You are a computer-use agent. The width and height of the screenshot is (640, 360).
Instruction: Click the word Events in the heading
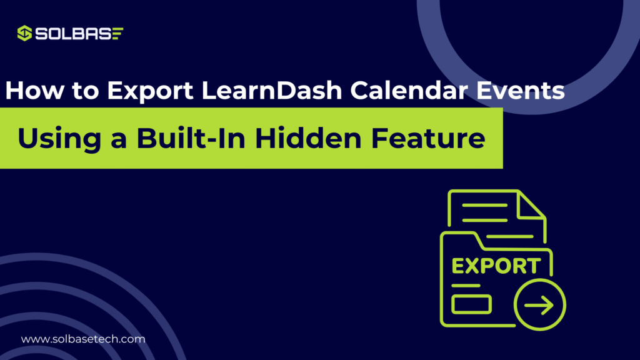click(x=520, y=91)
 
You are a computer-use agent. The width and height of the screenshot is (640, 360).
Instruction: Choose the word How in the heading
click(x=36, y=91)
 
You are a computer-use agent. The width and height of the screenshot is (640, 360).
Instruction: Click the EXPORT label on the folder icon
click(x=496, y=266)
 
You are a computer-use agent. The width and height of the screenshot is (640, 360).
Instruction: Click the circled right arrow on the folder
click(x=539, y=306)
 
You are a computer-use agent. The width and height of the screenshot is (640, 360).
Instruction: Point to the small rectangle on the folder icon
click(x=472, y=304)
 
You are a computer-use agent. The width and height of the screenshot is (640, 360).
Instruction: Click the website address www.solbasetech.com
click(x=83, y=339)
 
